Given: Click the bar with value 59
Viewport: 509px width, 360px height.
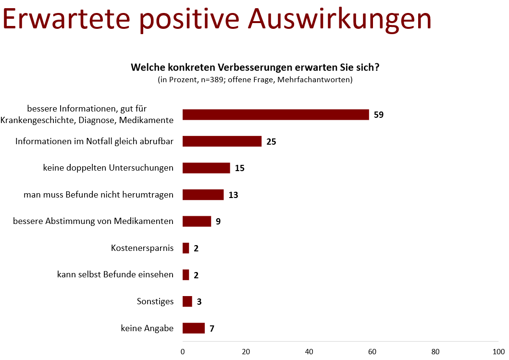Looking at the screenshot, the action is click(x=275, y=114).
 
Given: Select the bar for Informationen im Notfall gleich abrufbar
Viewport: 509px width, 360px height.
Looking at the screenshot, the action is click(x=222, y=141).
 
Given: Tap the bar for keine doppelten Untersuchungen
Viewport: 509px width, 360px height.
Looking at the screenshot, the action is click(x=207, y=168).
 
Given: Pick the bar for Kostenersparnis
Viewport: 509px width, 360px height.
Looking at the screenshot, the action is click(x=186, y=248).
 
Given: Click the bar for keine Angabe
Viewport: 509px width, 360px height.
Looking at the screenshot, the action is click(x=194, y=328).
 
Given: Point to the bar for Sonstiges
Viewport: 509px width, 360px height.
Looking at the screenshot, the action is click(x=187, y=301).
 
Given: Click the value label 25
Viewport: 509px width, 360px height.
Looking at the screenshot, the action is click(x=271, y=141).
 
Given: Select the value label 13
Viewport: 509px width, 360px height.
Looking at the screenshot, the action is click(x=234, y=195).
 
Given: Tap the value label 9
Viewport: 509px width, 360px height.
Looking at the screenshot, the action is click(x=218, y=222).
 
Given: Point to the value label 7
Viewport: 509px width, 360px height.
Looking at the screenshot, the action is click(x=212, y=328).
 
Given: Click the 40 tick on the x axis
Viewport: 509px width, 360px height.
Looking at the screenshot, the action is click(x=309, y=351).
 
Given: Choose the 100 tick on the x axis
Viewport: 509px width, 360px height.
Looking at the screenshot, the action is click(x=498, y=351).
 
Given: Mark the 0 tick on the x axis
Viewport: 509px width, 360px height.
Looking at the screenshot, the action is click(x=183, y=351).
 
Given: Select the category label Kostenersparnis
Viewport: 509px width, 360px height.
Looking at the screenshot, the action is click(x=142, y=248).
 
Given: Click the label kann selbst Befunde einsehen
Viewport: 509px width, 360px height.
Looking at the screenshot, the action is click(x=115, y=274).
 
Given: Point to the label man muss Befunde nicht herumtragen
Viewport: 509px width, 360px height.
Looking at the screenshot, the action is click(x=99, y=195).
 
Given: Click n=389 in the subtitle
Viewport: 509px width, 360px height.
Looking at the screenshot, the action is click(x=212, y=79).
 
